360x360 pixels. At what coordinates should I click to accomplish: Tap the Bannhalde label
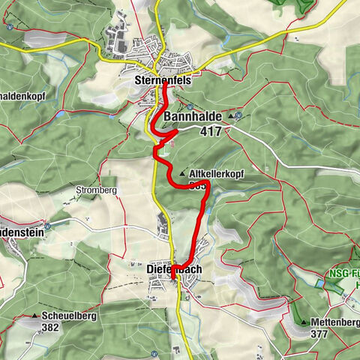[x=192, y=116]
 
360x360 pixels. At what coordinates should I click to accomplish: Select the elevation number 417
[x=211, y=130]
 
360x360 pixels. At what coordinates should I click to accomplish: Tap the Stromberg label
[x=96, y=190]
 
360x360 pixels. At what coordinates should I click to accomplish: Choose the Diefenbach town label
[x=173, y=265]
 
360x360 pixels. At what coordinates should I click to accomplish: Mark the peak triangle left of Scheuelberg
[x=36, y=316]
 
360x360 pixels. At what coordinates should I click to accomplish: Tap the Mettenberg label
[x=334, y=322]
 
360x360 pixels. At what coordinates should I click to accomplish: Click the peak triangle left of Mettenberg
[x=304, y=322]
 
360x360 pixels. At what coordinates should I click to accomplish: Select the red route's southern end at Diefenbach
[x=173, y=280]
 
